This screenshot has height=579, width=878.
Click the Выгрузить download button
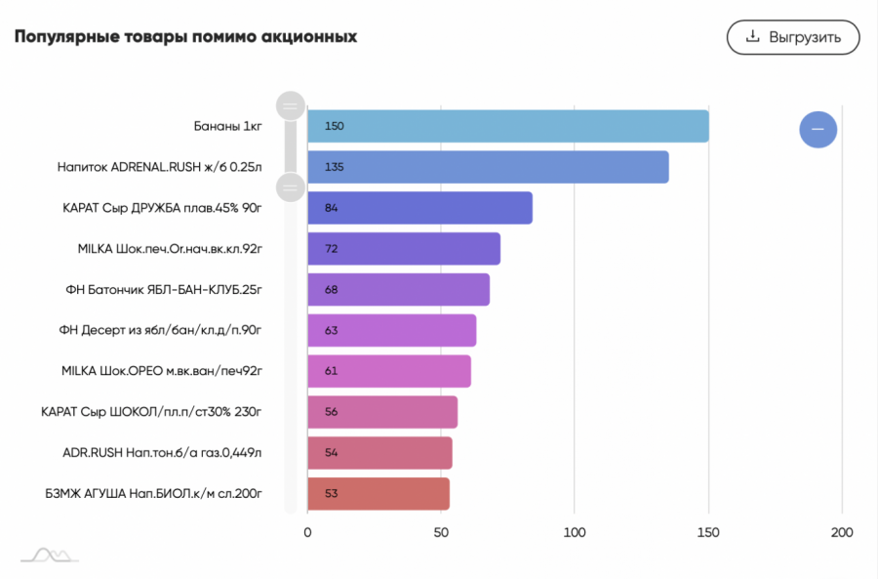(x=792, y=37)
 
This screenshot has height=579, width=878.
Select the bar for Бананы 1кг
(x=507, y=126)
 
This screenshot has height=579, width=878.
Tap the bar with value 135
(x=488, y=167)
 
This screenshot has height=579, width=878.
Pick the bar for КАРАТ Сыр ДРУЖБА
(x=419, y=208)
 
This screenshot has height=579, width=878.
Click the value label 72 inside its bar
(x=332, y=249)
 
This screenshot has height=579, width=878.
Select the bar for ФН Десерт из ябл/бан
(x=391, y=331)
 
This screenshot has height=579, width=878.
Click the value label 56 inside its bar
(x=332, y=412)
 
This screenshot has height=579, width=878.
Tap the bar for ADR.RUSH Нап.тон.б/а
(x=379, y=453)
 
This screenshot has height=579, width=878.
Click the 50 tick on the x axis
(x=441, y=532)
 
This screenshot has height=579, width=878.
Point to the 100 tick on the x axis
(x=575, y=532)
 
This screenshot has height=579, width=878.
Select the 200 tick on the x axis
(x=841, y=532)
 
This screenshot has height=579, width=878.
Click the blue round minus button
(x=818, y=129)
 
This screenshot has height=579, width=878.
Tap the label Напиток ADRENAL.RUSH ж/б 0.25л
(x=159, y=167)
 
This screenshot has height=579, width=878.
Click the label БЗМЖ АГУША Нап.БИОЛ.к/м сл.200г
(x=153, y=494)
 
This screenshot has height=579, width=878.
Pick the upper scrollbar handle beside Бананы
(x=291, y=105)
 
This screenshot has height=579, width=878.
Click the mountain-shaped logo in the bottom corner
(x=50, y=555)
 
